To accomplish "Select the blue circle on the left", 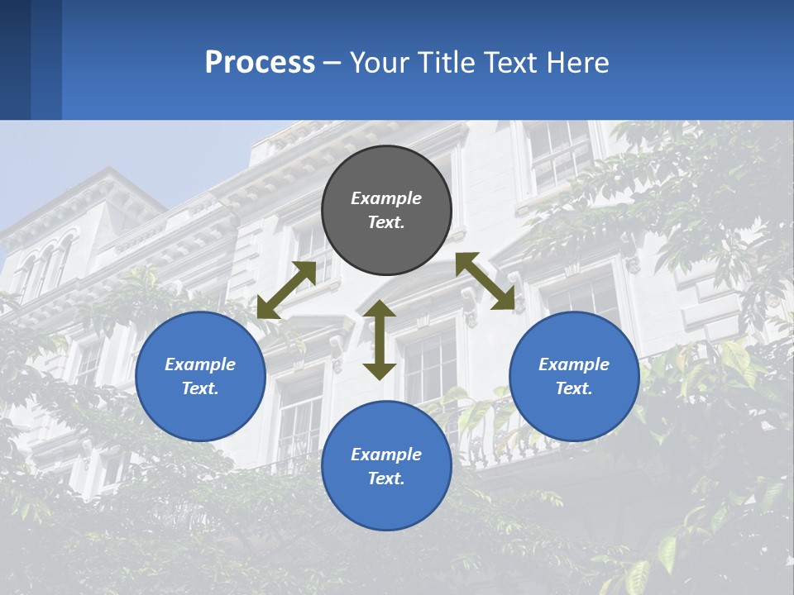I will click(x=200, y=376).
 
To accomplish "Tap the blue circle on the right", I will click(x=574, y=376).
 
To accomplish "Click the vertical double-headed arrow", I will click(x=380, y=340).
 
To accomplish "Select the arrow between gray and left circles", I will click(x=286, y=290).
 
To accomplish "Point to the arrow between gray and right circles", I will click(x=485, y=281).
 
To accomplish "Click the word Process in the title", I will click(x=260, y=63).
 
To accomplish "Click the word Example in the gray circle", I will click(x=386, y=198).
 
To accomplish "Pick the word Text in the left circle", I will click(x=199, y=388).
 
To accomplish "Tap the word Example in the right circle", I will click(x=574, y=364).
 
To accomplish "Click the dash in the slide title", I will click(x=332, y=64).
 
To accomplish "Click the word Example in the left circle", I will click(x=200, y=364).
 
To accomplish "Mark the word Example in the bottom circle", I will click(x=386, y=455).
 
